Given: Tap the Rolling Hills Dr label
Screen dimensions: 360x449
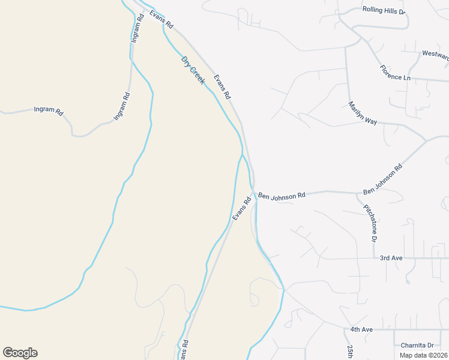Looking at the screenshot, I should [x=385, y=10].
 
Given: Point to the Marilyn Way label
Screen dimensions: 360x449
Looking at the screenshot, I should [x=363, y=113].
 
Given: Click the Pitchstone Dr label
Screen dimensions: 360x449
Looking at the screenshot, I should [x=370, y=223].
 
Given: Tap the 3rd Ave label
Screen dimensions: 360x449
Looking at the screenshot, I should [x=391, y=258].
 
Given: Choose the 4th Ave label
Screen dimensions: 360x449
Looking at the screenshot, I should [x=362, y=329].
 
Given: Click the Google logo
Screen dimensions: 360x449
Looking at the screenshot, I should [x=20, y=353].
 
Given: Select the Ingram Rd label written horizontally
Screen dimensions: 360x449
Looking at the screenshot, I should [x=49, y=110].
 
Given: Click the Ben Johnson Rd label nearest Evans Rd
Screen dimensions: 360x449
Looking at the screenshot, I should [x=282, y=195].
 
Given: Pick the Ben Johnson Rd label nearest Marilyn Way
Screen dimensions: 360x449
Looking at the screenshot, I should [x=382, y=180].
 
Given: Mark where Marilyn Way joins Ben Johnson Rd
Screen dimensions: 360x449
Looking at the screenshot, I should [x=426, y=139].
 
